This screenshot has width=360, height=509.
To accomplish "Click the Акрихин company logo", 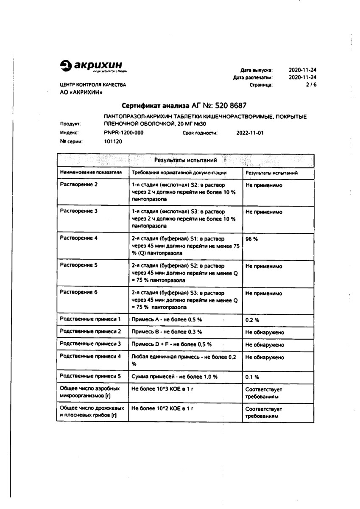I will (92, 66).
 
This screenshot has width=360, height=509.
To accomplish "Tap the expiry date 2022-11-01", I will (250, 133).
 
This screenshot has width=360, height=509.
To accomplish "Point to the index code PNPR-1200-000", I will (123, 133).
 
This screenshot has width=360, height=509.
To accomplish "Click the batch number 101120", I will (113, 142).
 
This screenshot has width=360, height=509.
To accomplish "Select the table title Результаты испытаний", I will (185, 160).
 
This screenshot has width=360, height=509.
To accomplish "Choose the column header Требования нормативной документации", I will (179, 173).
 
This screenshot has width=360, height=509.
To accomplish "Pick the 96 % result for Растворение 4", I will (251, 238).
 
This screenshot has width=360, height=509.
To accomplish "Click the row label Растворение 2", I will (79, 185).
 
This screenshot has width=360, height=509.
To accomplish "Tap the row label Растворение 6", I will (79, 293).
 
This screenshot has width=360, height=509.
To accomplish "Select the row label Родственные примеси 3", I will (90, 344).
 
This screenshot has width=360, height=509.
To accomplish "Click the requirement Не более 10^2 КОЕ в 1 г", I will (162, 408).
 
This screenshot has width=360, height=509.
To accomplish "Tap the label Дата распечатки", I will (253, 78).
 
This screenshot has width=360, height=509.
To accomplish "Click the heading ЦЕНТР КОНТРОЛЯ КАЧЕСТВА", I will (93, 85).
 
